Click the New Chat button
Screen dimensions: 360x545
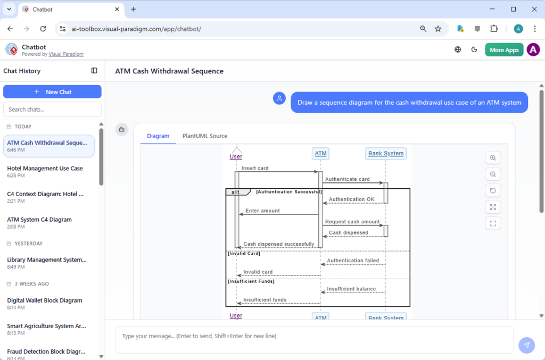tap(52, 92)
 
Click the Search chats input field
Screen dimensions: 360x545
tap(52, 109)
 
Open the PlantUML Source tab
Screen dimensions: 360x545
tap(205, 136)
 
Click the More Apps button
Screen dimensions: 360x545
tap(503, 50)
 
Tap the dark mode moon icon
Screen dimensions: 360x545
tap(474, 50)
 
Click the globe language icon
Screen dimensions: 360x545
tap(458, 50)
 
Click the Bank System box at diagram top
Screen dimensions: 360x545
tap(386, 154)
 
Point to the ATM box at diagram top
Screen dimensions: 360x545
tap(320, 154)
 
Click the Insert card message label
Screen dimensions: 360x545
tap(255, 168)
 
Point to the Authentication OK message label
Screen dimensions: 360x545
tap(351, 199)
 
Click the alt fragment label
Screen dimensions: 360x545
tap(235, 192)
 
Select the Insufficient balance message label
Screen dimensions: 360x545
tap(351, 289)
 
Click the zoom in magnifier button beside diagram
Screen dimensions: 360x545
tap(493, 158)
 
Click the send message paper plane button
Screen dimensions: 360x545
tap(526, 345)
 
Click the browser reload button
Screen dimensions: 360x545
tap(43, 29)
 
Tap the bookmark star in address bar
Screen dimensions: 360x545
tap(438, 29)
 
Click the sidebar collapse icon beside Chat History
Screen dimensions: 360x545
tap(94, 71)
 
